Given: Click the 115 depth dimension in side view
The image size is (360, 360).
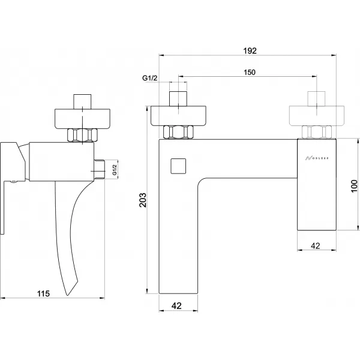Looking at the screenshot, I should [x=43, y=293].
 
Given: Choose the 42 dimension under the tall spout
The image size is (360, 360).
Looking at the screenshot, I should [x=177, y=305].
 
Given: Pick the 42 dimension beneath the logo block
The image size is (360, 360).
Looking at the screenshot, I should [x=319, y=245].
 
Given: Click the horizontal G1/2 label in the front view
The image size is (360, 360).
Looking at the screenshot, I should [x=150, y=79].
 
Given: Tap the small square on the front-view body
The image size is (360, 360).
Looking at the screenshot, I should [x=178, y=165].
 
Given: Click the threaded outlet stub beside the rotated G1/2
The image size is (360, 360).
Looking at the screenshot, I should [x=100, y=170].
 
